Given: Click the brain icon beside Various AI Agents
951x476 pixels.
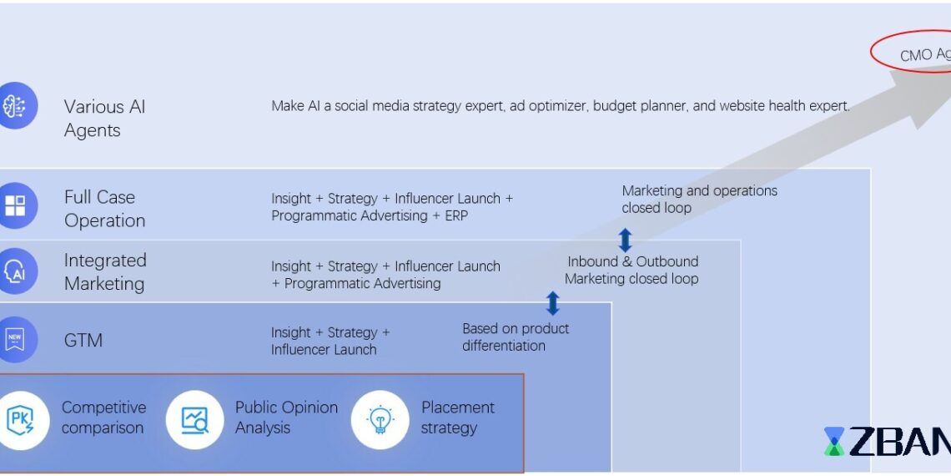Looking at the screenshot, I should (x=14, y=106).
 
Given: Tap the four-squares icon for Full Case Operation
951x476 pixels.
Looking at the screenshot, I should (x=15, y=205).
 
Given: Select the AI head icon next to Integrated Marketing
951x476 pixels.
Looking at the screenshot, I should (x=15, y=271).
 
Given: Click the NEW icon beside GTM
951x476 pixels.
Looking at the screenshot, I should (x=15, y=339).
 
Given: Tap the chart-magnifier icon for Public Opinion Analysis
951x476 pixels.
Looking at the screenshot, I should (x=194, y=419).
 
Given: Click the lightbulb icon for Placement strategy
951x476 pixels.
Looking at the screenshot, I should (x=380, y=419).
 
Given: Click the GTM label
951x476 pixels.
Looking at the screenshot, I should (x=83, y=341).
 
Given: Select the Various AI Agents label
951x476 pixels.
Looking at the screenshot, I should (x=104, y=119).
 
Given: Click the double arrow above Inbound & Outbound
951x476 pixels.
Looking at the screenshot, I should (x=625, y=241).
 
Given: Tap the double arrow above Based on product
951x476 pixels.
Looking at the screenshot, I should (x=552, y=303).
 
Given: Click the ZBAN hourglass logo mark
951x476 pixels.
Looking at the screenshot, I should (x=833, y=442).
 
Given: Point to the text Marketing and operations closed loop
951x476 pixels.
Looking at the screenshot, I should (x=699, y=199).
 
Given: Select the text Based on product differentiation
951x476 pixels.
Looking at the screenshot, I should (x=516, y=337).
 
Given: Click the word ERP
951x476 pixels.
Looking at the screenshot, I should (x=455, y=215).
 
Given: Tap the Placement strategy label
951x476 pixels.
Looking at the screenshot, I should (x=457, y=418).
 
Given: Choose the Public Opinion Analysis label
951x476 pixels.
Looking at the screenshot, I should (x=286, y=418).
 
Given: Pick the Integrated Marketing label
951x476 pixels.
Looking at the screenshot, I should (x=105, y=272).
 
